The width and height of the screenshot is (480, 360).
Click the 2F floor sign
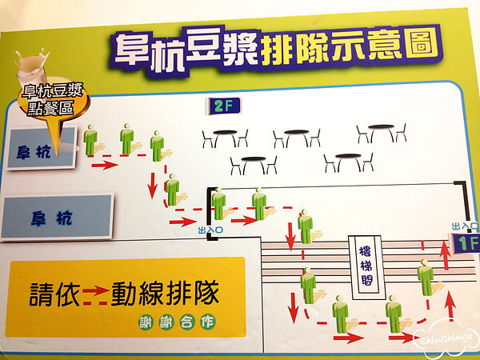coord(224,106)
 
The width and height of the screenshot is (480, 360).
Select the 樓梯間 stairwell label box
coord(366,267)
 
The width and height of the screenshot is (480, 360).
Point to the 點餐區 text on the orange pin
coord(50,108)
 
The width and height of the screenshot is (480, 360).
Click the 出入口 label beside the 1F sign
coord(465,226)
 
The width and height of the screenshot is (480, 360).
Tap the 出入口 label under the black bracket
coord(210,230)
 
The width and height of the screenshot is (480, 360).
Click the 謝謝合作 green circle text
coord(177,322)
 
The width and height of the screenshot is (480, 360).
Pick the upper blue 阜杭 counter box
coord(41,149)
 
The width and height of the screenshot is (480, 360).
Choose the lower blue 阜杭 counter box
coord(57,217)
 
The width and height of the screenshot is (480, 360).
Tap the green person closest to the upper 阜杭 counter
coord(90,139)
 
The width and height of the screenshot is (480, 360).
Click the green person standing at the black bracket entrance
coord(218,204)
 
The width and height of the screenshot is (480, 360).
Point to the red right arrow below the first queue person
coord(105,166)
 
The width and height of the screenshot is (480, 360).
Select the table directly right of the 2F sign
coord(225,138)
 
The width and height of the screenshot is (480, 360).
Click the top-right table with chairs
coord(382,133)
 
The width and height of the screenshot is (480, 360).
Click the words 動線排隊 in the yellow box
coord(166,293)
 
